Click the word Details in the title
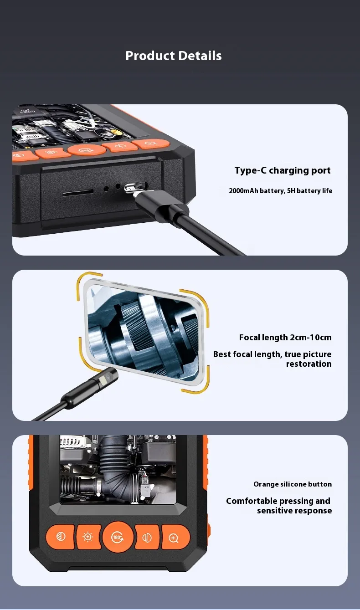[x=201, y=56]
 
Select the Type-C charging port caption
[x=283, y=170]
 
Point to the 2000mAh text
[x=243, y=190]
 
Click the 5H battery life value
[x=309, y=190]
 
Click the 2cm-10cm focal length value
[x=311, y=338]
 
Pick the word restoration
[x=309, y=364]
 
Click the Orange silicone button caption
[x=293, y=484]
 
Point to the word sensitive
[x=274, y=511]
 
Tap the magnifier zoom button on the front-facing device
[x=175, y=537]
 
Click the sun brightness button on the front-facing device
[x=88, y=537]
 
